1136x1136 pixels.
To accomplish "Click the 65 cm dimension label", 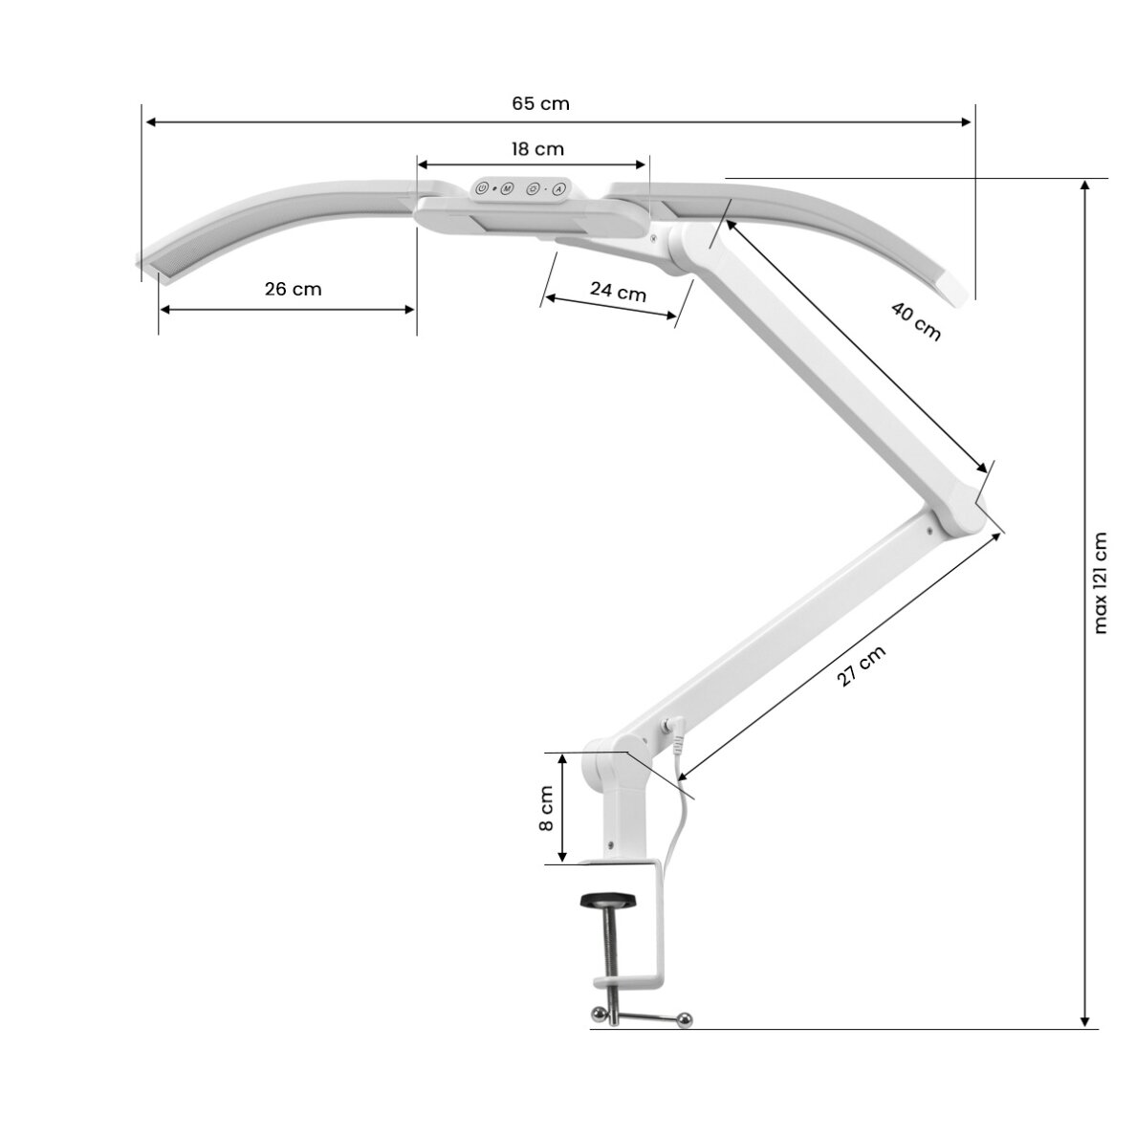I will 540,103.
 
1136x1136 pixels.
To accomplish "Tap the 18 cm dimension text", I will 536,149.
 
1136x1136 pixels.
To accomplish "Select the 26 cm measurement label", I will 293,289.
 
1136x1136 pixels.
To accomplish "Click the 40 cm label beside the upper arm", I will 916,321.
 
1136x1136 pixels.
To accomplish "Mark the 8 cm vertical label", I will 546,809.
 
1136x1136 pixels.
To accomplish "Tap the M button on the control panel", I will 507,188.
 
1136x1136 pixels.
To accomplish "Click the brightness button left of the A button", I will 533,189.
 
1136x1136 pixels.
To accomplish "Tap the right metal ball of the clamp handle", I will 686,1018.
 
